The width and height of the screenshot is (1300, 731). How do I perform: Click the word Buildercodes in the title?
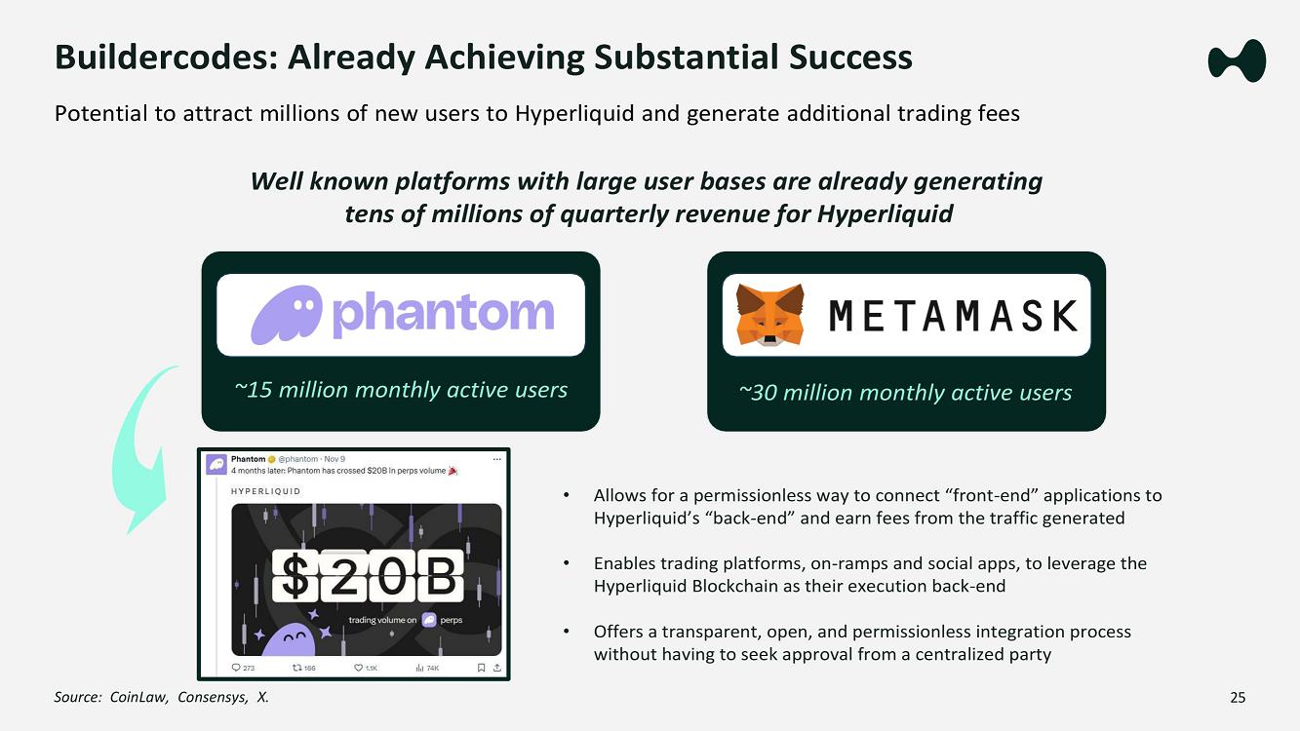(167, 58)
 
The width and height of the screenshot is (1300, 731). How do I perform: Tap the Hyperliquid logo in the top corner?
(1237, 60)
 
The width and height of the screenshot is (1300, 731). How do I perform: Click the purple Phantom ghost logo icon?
(286, 315)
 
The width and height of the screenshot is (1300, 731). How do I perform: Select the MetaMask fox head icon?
(769, 315)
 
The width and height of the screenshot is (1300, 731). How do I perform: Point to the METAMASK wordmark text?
(953, 316)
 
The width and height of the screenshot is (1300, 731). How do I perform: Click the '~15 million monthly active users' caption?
(401, 390)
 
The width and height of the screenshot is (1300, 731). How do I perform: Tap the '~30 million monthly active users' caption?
(905, 393)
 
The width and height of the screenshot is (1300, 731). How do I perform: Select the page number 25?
(1238, 697)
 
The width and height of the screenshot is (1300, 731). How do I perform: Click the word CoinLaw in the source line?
(138, 697)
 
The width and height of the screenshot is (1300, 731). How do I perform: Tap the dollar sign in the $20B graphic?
(295, 575)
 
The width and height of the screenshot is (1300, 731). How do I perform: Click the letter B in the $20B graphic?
(441, 575)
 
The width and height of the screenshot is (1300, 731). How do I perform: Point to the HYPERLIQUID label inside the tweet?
(266, 491)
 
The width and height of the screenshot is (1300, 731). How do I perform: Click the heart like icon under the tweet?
(359, 668)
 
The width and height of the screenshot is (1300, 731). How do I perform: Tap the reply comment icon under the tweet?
(236, 668)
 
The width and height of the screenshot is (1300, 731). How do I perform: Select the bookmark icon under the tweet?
(481, 668)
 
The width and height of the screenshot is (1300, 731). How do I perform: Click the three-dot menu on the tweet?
(496, 459)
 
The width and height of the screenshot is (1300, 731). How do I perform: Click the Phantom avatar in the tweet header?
(217, 464)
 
